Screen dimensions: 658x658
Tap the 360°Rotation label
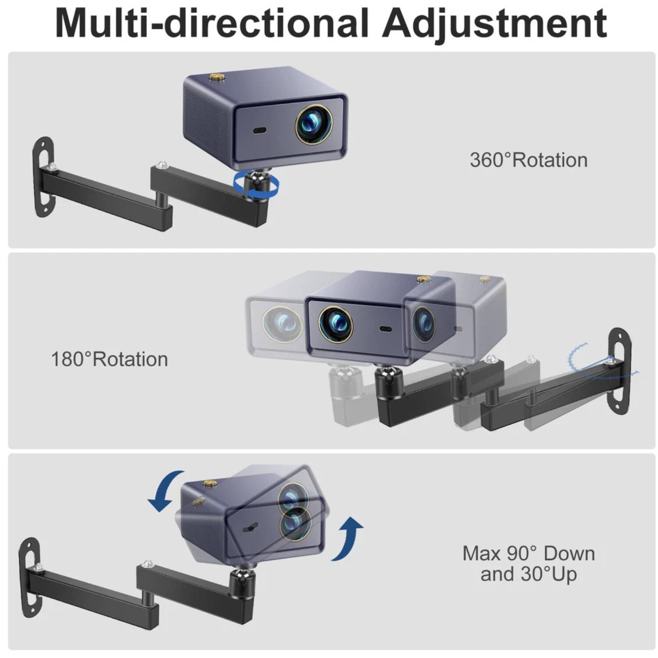(529, 160)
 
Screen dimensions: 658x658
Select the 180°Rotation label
(110, 359)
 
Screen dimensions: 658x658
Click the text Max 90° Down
(529, 554)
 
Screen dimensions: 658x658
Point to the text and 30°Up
(529, 574)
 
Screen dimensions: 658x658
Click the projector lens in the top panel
(313, 124)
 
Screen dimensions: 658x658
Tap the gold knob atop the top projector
(216, 78)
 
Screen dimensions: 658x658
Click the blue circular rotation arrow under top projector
(256, 185)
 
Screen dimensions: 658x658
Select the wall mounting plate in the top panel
(43, 177)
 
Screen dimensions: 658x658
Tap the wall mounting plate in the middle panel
(619, 371)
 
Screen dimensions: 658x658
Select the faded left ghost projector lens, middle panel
(282, 324)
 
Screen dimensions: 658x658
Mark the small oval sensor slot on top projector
(260, 130)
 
